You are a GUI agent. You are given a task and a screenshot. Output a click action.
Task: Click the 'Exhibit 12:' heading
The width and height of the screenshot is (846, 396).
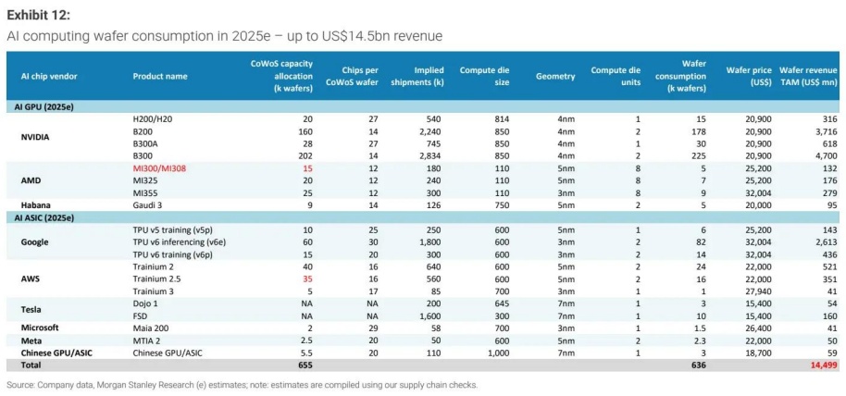click(38, 15)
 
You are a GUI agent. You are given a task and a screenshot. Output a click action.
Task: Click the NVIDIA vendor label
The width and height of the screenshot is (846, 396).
click(36, 137)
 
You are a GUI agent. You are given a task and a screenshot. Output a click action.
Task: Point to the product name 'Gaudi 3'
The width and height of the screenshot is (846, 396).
click(149, 204)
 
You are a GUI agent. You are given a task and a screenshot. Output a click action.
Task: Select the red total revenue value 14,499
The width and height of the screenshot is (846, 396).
click(822, 365)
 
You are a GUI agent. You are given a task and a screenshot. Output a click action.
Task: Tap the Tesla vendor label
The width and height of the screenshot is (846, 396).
click(31, 311)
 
